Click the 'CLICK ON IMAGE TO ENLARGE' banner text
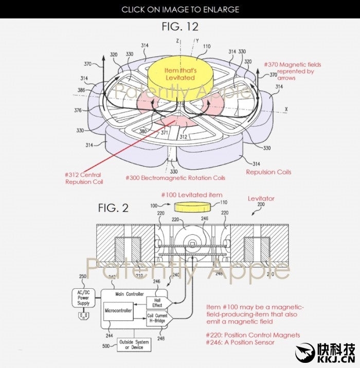180,9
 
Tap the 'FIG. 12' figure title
180,26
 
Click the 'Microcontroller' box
118,311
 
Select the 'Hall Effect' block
157,303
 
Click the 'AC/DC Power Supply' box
83,297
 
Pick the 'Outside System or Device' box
134,344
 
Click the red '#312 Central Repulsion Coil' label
83,178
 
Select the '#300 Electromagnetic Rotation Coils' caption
175,178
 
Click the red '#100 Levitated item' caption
192,195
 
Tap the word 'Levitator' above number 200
261,198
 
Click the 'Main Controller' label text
129,295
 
